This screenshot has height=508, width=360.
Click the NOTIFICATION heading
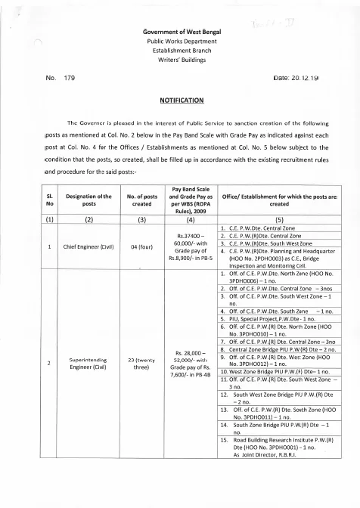click(x=179, y=99)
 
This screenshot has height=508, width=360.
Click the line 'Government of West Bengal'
click(x=179, y=29)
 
